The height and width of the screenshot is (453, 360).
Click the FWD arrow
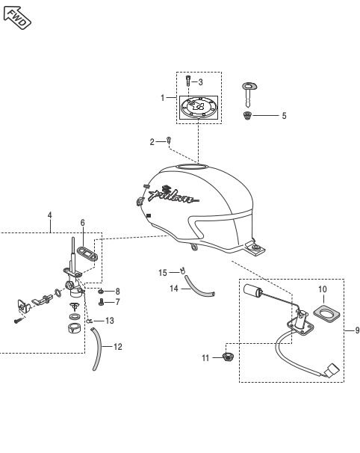(x=17, y=18)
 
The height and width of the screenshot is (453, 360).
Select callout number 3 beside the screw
(x=201, y=82)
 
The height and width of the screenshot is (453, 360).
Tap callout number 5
(x=284, y=116)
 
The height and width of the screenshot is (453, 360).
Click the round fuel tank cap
(x=199, y=108)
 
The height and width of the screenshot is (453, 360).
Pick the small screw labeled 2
(x=170, y=141)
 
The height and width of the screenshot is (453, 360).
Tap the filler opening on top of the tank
(x=192, y=167)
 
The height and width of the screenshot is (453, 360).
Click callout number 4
(x=50, y=215)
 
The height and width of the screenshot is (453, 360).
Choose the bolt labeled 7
(x=101, y=302)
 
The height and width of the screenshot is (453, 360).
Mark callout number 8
(x=117, y=292)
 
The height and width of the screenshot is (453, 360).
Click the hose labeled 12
(x=97, y=348)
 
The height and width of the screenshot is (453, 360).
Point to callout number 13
(x=109, y=321)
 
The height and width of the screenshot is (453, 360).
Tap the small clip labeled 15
(x=182, y=271)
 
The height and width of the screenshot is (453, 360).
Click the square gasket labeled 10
(x=326, y=314)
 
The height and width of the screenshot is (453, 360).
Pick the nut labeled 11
(x=228, y=357)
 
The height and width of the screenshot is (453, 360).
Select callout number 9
(x=357, y=330)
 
